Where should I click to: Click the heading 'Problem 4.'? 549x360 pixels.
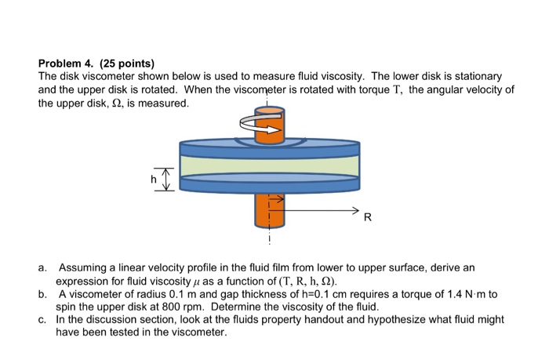coord(66,64)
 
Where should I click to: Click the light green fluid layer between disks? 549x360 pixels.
coord(269,165)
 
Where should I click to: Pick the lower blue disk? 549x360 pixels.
coord(269,184)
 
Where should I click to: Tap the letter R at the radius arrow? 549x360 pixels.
coord(365,220)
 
